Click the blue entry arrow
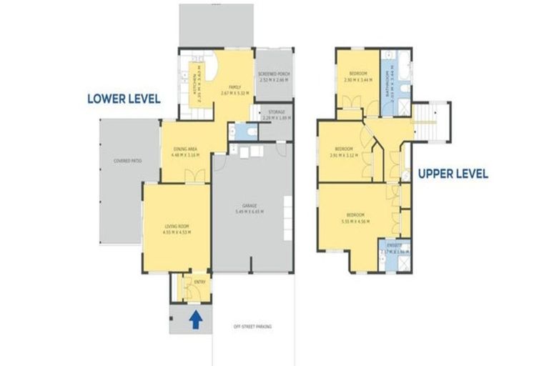click(x=195, y=320)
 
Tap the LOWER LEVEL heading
click(x=123, y=99)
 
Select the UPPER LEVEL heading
click(x=452, y=173)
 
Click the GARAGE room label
click(x=249, y=204)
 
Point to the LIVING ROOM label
click(x=175, y=227)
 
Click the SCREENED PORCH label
click(x=274, y=74)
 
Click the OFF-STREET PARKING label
click(x=253, y=327)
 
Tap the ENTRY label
click(x=190, y=282)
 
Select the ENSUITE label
click(x=390, y=245)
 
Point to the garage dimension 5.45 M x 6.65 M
click(x=249, y=212)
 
